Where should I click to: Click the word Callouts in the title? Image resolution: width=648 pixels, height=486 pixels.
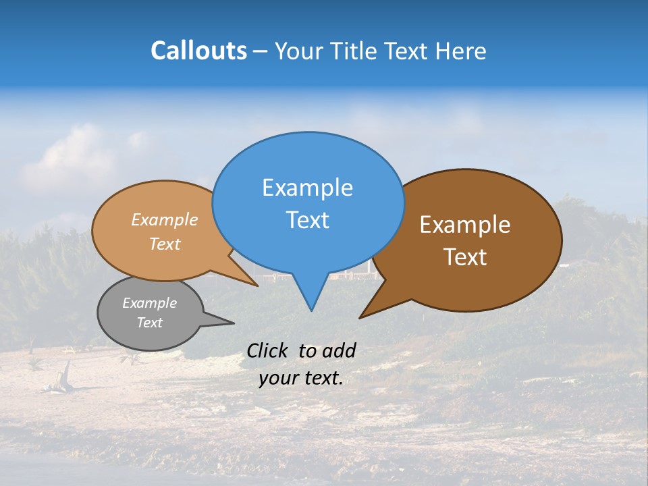coord(198,51)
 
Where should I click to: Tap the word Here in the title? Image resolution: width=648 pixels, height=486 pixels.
coord(461,51)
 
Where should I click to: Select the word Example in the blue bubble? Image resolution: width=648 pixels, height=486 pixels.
coord(307,188)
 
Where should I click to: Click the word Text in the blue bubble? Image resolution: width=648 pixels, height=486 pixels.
coord(307,220)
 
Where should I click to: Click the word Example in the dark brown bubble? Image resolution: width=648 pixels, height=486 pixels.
coord(465,225)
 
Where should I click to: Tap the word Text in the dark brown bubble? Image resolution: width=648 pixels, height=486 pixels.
coord(465,257)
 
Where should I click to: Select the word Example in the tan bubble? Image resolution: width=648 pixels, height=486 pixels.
coord(164,219)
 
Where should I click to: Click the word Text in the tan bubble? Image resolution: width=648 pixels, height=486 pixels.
coord(164,244)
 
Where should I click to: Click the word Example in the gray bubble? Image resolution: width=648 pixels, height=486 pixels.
coord(149,303)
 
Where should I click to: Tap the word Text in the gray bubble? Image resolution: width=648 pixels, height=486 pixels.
coord(149,323)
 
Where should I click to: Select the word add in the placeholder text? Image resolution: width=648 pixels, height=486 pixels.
coord(339,350)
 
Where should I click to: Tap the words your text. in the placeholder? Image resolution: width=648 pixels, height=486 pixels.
coord(300,379)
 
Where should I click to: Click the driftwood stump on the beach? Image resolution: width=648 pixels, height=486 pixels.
coord(66,375)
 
